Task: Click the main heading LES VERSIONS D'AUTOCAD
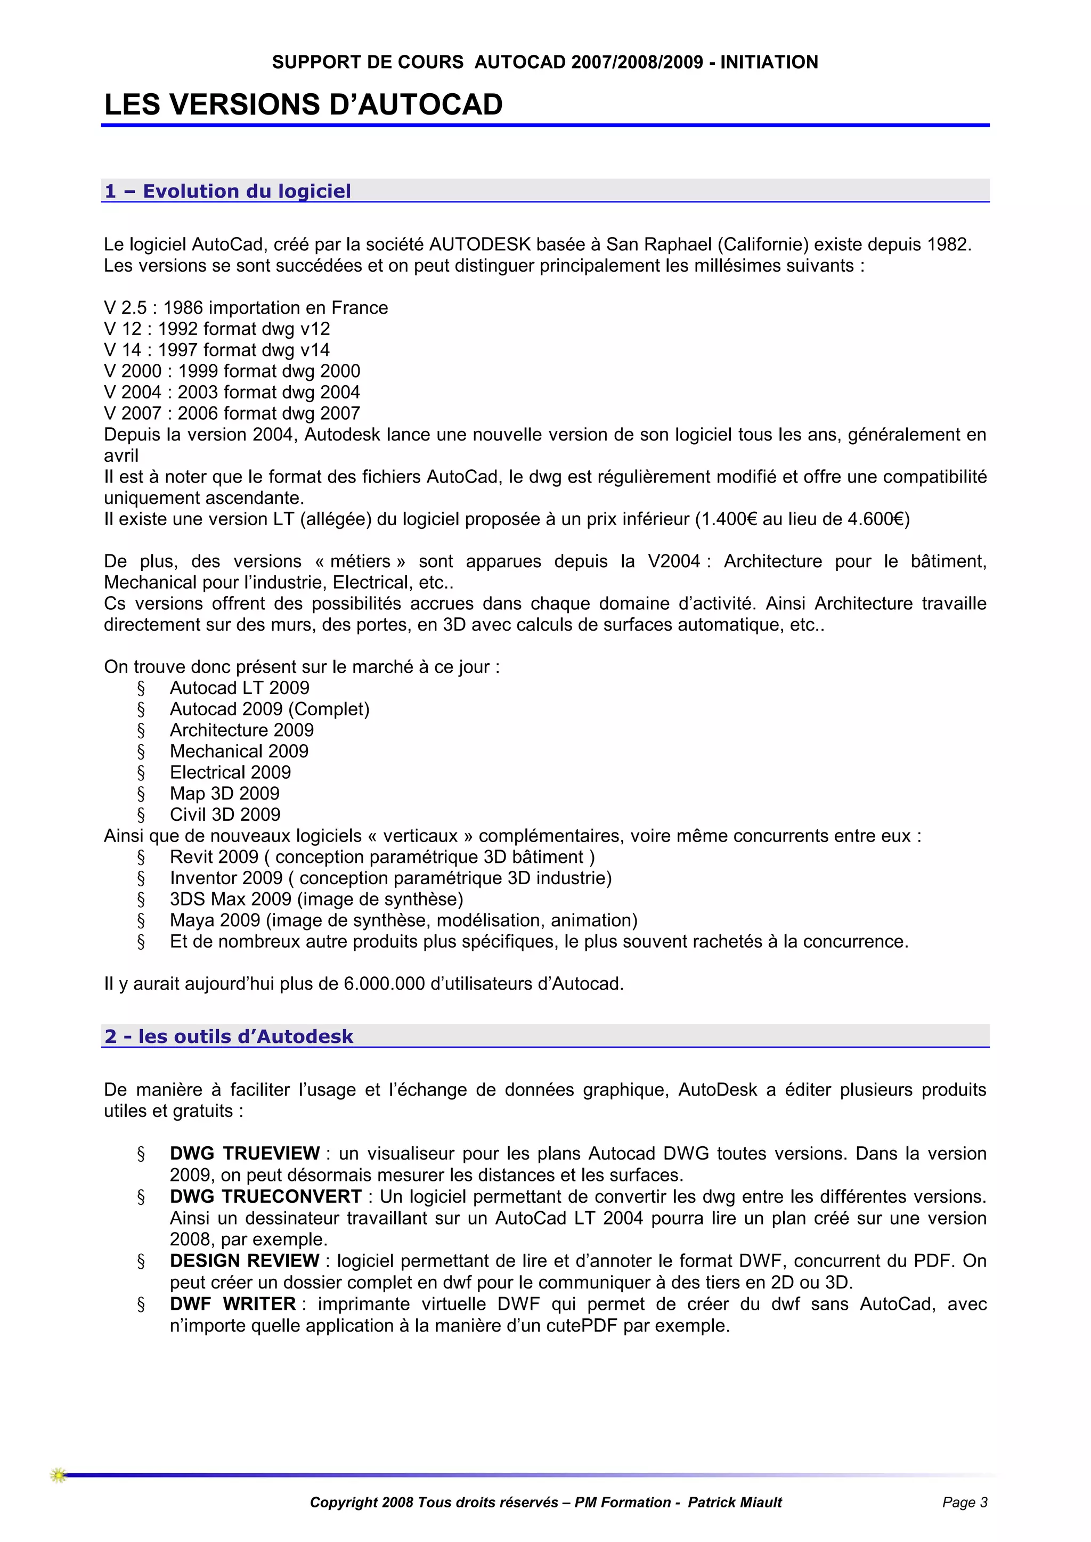[303, 105]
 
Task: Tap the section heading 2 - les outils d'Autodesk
[229, 1037]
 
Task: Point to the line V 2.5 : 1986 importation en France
[246, 307]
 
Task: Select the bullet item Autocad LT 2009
[239, 688]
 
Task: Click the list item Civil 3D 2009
[224, 814]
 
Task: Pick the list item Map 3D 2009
[224, 793]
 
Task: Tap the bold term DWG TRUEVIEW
[245, 1153]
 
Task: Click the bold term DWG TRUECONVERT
[265, 1196]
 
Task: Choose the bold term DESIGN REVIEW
[245, 1261]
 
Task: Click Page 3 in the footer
[965, 1503]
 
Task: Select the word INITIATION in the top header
[769, 62]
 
